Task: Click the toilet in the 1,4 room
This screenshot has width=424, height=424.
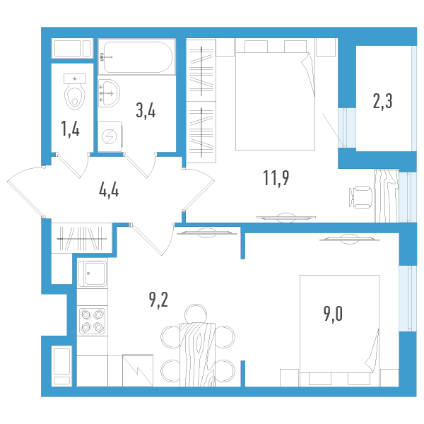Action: [75, 91]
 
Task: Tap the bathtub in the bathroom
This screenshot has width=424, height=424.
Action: [137, 57]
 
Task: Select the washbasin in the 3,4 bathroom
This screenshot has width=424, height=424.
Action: [108, 93]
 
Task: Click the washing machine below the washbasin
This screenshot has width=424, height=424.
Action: [110, 136]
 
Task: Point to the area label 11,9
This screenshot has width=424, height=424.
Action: [276, 179]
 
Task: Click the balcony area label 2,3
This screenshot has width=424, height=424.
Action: [382, 101]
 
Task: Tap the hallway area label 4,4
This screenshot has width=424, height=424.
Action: [109, 191]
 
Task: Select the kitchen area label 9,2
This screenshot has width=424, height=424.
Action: [158, 300]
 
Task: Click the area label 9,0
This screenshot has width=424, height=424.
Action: [333, 314]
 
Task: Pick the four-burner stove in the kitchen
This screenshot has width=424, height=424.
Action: [92, 321]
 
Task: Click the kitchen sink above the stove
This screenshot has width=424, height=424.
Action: [92, 273]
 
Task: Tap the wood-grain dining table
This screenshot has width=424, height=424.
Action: [197, 355]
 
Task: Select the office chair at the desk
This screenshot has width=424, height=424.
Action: [360, 197]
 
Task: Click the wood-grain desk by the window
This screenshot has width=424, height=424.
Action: [387, 196]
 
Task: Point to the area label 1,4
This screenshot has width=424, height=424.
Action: [71, 129]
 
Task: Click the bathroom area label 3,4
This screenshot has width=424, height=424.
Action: [146, 111]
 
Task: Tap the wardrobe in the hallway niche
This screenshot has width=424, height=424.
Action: [82, 238]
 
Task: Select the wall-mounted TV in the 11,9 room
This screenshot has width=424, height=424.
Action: [286, 218]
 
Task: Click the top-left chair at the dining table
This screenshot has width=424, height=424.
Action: [170, 337]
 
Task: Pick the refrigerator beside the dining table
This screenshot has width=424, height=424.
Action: [138, 370]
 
